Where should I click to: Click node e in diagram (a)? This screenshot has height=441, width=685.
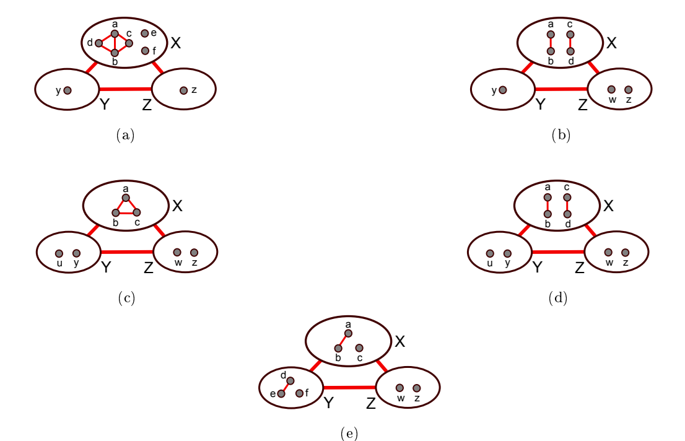[x=144, y=33]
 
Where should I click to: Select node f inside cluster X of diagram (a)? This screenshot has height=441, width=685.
[x=145, y=51]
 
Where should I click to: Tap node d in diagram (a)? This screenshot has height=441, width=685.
[x=98, y=43]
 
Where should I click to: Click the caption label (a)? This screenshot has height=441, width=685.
[x=125, y=135]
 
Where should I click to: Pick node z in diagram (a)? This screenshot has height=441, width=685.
[x=183, y=90]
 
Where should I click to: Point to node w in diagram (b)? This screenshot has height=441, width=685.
[x=611, y=90]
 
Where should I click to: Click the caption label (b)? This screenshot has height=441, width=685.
[x=561, y=135]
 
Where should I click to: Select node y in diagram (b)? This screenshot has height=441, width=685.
[x=502, y=90]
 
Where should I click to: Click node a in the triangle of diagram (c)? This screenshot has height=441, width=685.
[x=126, y=198]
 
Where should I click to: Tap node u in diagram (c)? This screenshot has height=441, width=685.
[x=59, y=253]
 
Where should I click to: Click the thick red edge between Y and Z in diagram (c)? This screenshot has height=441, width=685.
[x=126, y=252]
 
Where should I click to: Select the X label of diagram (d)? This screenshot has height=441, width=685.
[x=608, y=206]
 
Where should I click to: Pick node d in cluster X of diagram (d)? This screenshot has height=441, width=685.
[x=567, y=214]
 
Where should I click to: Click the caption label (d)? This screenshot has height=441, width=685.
[x=557, y=299]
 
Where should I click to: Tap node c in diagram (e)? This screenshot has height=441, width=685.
[x=359, y=348]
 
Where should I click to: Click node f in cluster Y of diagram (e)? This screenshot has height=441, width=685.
[x=299, y=393]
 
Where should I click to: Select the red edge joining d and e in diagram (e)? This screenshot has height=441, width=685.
[x=286, y=387]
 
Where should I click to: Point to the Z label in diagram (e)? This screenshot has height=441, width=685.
[x=370, y=404]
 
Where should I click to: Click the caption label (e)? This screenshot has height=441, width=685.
[x=349, y=434]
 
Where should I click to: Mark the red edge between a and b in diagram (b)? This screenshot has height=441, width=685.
[x=550, y=43]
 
